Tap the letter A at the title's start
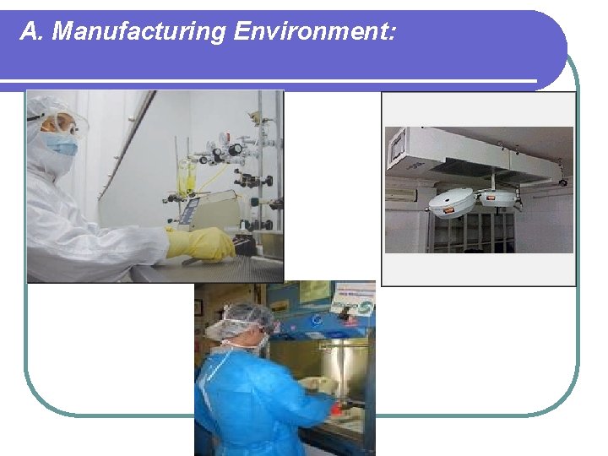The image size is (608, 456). (x=30, y=32)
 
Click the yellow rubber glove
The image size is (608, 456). (x=203, y=243)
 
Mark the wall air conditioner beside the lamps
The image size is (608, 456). (x=402, y=194)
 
